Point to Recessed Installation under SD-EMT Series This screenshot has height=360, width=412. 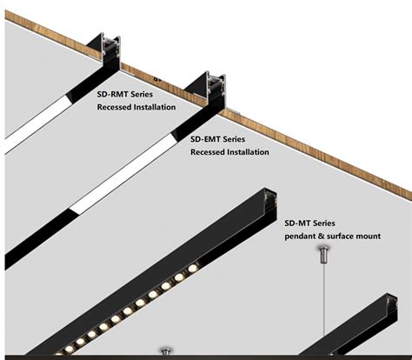[229, 152]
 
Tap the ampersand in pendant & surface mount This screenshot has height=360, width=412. [329, 237]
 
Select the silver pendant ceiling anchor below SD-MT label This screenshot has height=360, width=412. [323, 254]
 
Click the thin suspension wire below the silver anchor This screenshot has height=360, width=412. [323, 304]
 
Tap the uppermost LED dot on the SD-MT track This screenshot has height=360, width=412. [193, 268]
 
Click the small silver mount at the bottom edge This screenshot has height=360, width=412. [165, 353]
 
